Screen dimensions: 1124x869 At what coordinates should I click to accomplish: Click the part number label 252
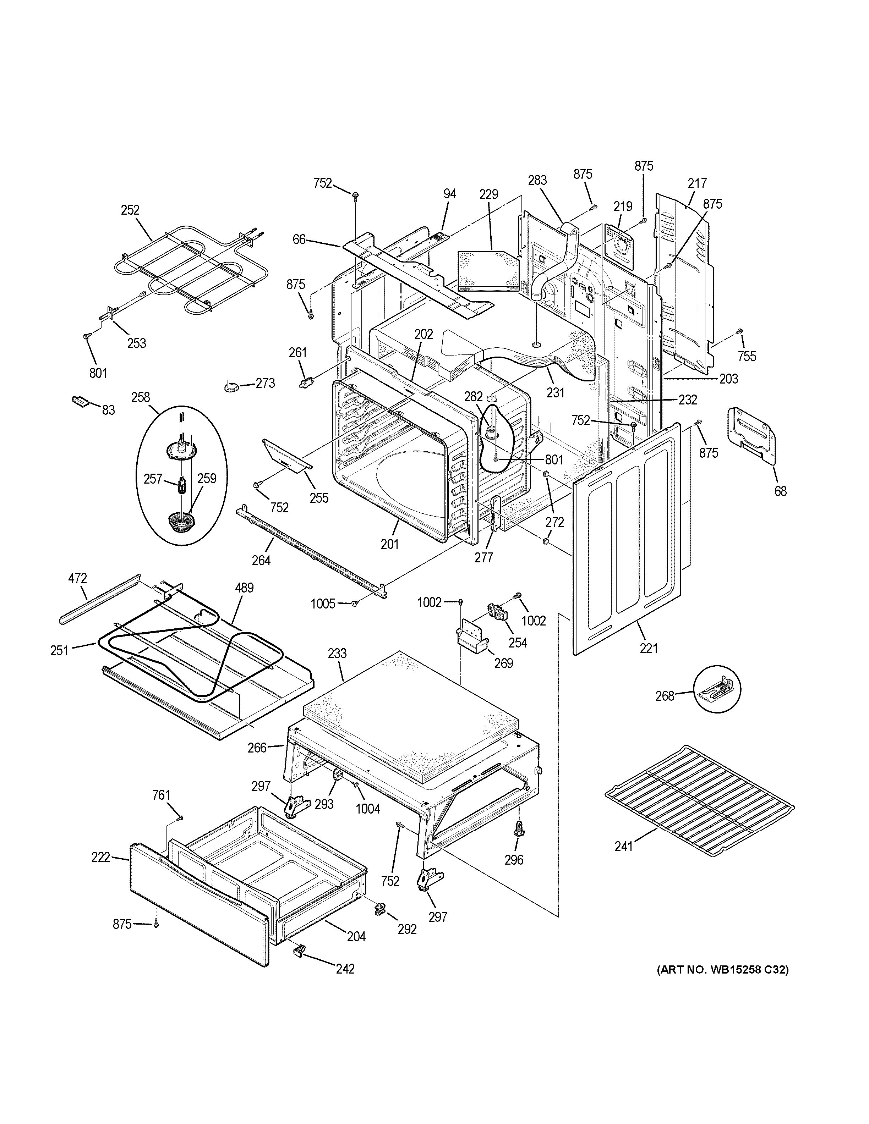(130, 210)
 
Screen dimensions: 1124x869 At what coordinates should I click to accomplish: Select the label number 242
(345, 969)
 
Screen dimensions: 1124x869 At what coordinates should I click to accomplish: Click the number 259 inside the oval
(207, 479)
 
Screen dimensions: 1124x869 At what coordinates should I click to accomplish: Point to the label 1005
(323, 604)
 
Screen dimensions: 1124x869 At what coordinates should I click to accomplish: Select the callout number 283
(537, 180)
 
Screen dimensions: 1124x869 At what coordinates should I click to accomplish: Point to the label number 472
(78, 578)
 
